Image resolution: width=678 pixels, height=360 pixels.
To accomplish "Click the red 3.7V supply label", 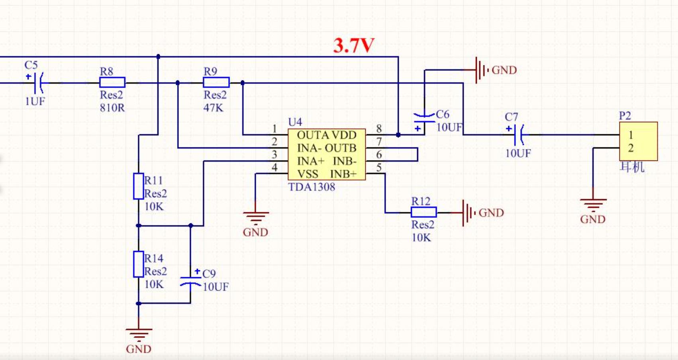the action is coord(353,46).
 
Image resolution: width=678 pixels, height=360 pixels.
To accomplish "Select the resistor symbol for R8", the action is coord(112,82).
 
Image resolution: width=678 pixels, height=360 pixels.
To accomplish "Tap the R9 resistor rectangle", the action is coord(216,82).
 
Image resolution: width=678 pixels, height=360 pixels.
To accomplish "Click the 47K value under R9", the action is coord(214,108).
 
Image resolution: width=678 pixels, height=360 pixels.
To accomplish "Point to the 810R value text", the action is coord(112,108).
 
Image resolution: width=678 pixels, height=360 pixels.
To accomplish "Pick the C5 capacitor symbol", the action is coord(37,82).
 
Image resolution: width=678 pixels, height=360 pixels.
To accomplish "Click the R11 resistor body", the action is coord(138,186).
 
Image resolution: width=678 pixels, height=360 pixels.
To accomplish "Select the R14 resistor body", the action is coord(138,264).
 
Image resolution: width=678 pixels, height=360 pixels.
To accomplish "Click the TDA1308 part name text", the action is coord(312,187).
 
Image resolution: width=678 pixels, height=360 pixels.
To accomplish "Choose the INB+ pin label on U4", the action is coord(343,174).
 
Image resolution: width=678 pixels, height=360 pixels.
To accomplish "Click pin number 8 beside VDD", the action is coord(379,129).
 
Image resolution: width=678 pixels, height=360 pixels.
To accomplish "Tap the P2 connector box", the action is coord(638,141).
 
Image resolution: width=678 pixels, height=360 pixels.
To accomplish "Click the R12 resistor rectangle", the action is coord(424,212).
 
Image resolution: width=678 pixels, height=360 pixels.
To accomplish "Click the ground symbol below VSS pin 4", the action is coord(256,218).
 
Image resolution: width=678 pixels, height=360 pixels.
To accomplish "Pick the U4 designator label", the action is coord(295,122).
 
